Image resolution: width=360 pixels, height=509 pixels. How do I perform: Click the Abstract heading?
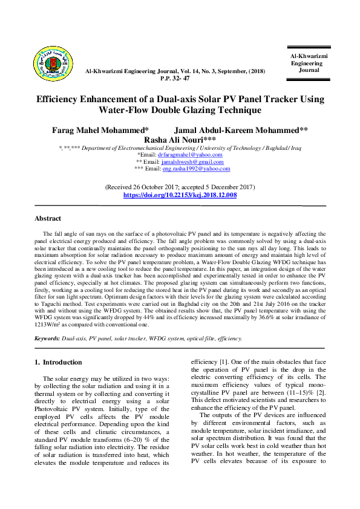(48, 219)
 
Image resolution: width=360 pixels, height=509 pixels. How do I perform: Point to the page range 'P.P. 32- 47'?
(175, 79)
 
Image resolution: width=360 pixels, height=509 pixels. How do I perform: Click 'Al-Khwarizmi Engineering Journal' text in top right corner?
(309, 63)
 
